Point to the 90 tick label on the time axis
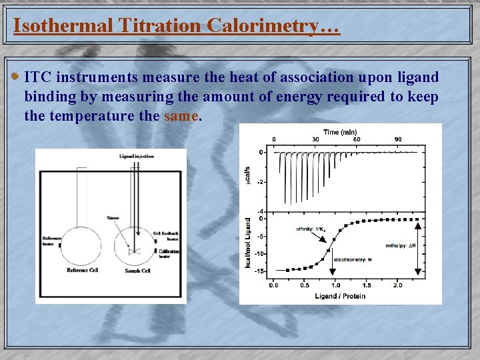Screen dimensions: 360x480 [398, 139]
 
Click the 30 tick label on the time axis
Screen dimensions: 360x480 [315, 139]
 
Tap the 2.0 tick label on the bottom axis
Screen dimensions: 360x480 [397, 285]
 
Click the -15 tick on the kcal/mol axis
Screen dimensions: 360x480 [260, 271]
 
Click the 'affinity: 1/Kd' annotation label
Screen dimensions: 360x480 [311, 229]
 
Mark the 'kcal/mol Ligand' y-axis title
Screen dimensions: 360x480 [248, 244]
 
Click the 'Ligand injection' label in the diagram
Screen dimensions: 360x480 [137, 156]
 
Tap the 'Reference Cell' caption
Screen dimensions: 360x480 [83, 270]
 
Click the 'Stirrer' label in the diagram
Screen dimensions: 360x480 [113, 217]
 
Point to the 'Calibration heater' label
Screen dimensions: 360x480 [168, 253]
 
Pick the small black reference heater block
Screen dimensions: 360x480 [59, 245]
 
